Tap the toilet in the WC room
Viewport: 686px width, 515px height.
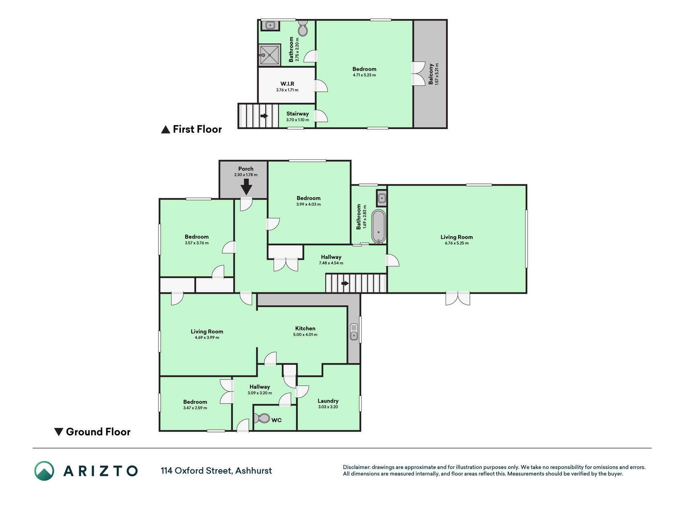point(262,418)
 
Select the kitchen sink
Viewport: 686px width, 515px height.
point(354,332)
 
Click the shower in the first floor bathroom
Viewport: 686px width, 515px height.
point(269,55)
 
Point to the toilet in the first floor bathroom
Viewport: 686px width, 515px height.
point(303,28)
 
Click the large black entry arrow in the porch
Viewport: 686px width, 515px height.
point(246,187)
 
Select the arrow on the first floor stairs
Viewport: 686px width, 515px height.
point(264,116)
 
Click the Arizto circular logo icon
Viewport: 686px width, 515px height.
point(44,471)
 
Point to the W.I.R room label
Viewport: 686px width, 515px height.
point(287,84)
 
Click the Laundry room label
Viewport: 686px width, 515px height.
point(328,401)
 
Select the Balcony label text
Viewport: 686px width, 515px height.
point(431,74)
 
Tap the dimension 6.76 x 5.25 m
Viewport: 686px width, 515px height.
point(457,243)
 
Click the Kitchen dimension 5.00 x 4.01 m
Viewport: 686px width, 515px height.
point(305,334)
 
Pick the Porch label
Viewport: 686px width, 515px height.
point(246,169)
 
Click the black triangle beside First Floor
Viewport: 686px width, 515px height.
point(166,130)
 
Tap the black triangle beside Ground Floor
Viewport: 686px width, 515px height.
point(59,432)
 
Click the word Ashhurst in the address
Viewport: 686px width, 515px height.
point(254,471)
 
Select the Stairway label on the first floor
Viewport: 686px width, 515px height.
point(297,114)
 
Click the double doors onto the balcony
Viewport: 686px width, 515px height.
point(419,74)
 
